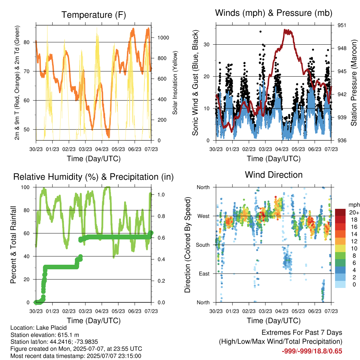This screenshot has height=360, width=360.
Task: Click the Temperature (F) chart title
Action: [x=94, y=15]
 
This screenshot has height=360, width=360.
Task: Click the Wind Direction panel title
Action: [x=274, y=175]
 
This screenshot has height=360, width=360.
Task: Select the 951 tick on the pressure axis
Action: [x=342, y=25]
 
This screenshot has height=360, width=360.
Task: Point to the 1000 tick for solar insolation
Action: [x=163, y=38]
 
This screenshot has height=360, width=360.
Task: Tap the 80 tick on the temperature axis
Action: [x=27, y=42]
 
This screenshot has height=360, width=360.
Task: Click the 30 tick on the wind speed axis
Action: [x=207, y=45]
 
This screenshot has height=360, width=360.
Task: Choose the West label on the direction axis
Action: [x=204, y=216]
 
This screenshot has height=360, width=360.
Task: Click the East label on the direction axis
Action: [x=204, y=274]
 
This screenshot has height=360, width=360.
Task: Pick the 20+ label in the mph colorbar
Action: [x=354, y=212]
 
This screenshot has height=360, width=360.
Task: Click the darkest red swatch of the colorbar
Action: [x=340, y=212]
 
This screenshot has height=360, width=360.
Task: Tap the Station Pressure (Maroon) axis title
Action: [x=354, y=83]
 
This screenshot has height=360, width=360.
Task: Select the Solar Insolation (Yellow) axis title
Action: [x=175, y=83]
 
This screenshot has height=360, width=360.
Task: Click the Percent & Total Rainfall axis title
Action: [x=13, y=245]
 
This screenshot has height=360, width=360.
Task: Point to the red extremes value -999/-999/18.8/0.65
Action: [x=312, y=351]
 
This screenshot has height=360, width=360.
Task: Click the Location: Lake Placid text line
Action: [x=39, y=328]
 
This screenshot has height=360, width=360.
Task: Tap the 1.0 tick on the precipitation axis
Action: [x=161, y=195]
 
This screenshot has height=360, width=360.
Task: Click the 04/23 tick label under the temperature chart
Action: [x=102, y=149]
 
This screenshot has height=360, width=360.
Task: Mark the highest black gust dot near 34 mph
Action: [x=261, y=32]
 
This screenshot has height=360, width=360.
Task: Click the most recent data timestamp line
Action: [x=76, y=356]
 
